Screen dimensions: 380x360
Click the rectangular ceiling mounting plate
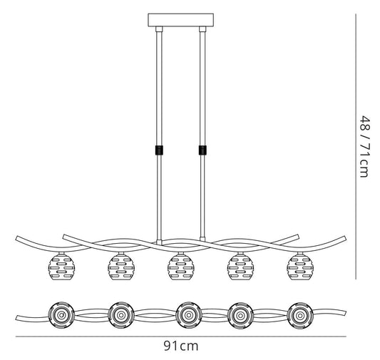tap(181, 20)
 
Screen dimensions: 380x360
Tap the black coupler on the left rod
tap(159, 150)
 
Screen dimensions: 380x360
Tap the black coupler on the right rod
tap(202, 150)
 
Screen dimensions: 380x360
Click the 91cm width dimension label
tap(181, 346)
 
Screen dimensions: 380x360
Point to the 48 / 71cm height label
tap(365, 147)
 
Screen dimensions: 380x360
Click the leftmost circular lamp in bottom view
tap(61, 315)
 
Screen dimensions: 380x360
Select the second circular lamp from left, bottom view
tap(121, 315)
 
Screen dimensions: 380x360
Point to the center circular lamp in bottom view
tap(188, 315)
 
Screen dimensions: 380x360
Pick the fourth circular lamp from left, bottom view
tap(240, 315)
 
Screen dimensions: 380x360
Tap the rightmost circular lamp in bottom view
tap(300, 316)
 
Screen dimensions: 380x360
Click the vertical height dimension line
tap(356, 146)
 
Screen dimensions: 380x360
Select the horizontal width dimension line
tap(181, 336)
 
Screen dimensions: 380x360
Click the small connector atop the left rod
tap(159, 29)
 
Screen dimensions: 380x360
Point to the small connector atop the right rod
tap(202, 29)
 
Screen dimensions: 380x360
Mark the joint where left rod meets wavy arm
tap(159, 242)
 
